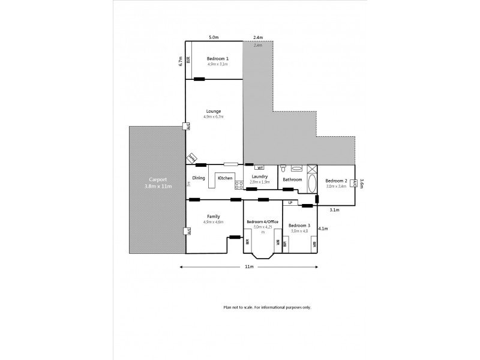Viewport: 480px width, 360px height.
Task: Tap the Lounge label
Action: [x=214, y=111]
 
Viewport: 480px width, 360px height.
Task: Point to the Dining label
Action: [x=199, y=178]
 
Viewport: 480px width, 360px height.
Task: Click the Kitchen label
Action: [x=225, y=178]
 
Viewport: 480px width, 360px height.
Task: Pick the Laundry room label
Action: [x=259, y=176]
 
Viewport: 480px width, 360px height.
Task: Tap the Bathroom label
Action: [x=292, y=179]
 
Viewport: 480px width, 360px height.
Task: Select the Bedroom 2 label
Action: [x=337, y=181]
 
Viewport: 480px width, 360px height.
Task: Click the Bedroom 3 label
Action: [x=299, y=226]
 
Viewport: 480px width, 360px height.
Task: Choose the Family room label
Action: [x=214, y=217]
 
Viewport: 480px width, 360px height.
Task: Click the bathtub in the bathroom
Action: [x=312, y=181]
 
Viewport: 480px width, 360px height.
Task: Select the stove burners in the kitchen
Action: [x=238, y=185]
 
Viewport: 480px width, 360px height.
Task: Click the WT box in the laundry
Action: [x=259, y=167]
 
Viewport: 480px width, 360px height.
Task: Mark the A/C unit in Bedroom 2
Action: [x=355, y=183]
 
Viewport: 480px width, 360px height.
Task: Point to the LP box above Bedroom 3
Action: [x=290, y=203]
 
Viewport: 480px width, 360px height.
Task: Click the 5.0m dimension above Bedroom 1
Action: [x=213, y=38]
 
